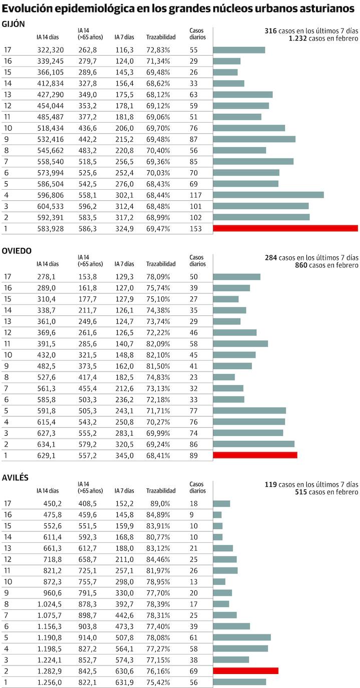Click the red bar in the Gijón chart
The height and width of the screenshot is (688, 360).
tap(285, 228)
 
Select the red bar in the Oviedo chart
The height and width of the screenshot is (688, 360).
tap(255, 455)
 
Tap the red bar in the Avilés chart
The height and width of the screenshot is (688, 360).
tap(245, 670)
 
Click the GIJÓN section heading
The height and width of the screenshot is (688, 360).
tap(14, 25)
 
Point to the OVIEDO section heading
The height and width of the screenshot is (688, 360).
tap(17, 251)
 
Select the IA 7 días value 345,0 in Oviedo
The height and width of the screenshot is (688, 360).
tap(124, 455)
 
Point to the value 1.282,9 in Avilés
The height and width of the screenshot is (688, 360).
tap(50, 670)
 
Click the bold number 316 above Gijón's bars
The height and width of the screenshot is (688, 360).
tap(270, 31)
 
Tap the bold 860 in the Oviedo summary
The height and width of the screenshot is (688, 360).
tap(301, 265)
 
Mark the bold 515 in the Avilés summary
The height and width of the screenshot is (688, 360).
tap(301, 492)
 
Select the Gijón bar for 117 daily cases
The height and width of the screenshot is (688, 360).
tap(268, 195)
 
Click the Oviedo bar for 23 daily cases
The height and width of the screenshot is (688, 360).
tap(224, 377)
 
